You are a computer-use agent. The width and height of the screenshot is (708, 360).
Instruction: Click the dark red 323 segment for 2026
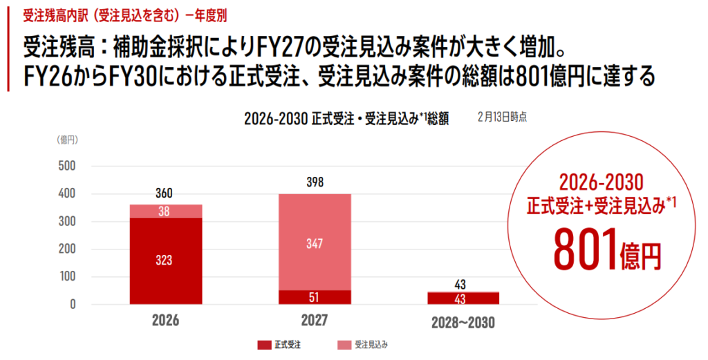tap(166, 260)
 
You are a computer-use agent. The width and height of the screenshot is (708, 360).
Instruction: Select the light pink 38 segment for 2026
tap(166, 211)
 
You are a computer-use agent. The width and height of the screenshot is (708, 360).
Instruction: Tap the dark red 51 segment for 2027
tap(314, 297)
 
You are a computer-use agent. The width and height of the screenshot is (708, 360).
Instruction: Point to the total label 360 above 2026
tap(165, 194)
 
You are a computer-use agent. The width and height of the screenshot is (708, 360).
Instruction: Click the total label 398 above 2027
tap(314, 182)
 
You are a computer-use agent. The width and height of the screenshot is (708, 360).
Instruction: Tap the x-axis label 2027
tap(314, 321)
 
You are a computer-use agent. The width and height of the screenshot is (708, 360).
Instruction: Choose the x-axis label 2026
tap(165, 321)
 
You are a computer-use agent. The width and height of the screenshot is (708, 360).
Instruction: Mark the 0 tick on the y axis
tap(73, 304)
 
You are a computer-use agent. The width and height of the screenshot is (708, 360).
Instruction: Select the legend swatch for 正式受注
tap(263, 343)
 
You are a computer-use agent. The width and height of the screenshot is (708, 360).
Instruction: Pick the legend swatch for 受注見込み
tap(344, 343)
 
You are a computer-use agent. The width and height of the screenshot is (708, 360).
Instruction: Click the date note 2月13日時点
tap(502, 117)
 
